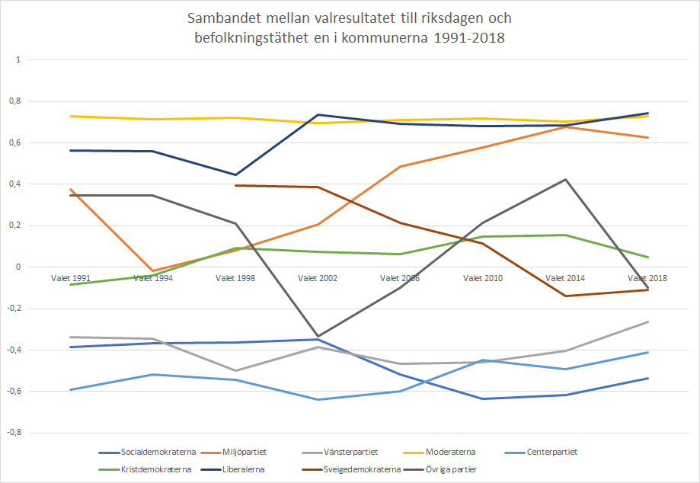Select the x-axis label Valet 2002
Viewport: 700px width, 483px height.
tap(318, 278)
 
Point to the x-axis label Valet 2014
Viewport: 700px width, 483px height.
tap(564, 278)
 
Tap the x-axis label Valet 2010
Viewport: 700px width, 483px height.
tap(482, 278)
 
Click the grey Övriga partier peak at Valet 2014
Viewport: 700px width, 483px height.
tap(565, 180)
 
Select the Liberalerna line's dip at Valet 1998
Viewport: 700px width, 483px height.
tap(235, 174)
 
